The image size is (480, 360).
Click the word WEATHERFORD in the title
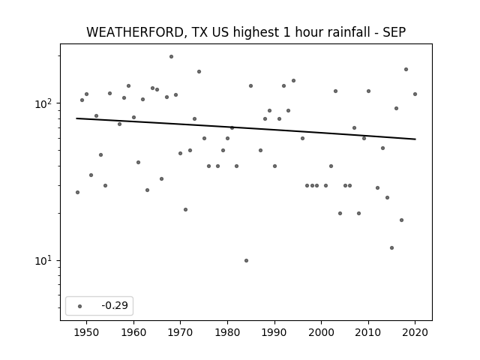(x=135, y=32)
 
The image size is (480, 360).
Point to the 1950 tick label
(x=87, y=332)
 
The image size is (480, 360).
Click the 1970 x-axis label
(x=180, y=332)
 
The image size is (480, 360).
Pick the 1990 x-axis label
(x=274, y=332)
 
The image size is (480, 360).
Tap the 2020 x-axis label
(x=415, y=332)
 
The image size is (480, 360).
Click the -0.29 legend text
(x=115, y=305)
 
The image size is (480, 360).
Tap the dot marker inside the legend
(x=80, y=306)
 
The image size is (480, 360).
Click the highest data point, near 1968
(x=171, y=57)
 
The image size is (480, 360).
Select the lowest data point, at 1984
(x=246, y=260)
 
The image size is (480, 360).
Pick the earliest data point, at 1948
(x=77, y=192)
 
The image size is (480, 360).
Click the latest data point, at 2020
(x=415, y=94)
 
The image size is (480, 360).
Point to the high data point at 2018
(x=406, y=70)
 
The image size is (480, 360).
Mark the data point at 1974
(x=199, y=72)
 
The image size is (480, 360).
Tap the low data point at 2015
(x=391, y=247)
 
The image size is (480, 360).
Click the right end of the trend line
(x=415, y=139)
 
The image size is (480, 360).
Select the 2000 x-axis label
(x=321, y=332)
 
